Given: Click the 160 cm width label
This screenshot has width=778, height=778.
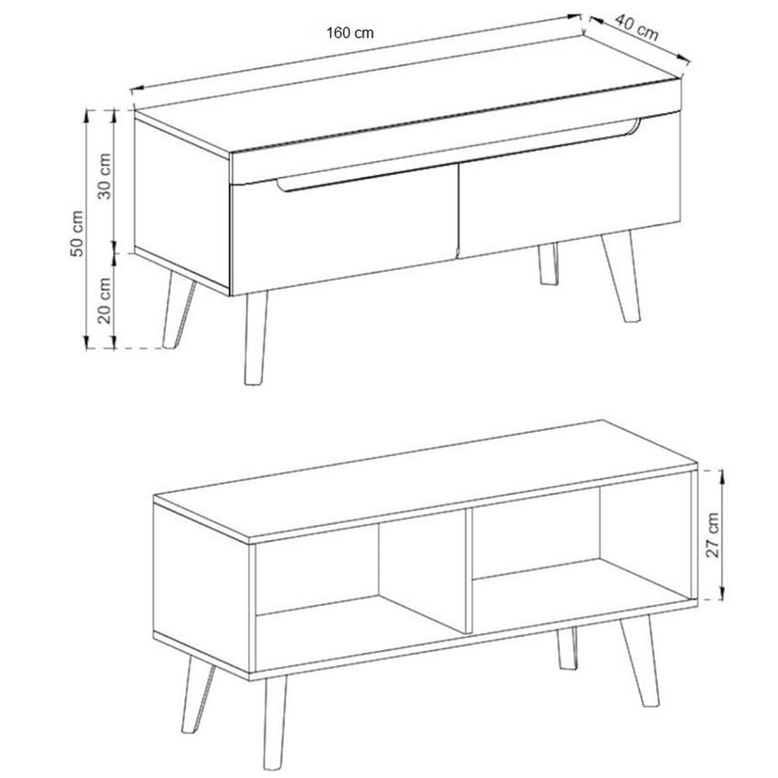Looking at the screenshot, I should [350, 33].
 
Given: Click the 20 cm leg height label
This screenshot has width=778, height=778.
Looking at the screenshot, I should [105, 301].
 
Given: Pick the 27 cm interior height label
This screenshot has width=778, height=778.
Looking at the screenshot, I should [713, 535].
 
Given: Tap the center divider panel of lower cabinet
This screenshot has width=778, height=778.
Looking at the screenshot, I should [459, 569].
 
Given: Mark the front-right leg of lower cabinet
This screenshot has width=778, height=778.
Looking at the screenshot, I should [640, 665].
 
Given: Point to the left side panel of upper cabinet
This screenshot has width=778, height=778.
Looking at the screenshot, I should [181, 199].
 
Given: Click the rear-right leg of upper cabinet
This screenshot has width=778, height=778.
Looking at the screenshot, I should [548, 265].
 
